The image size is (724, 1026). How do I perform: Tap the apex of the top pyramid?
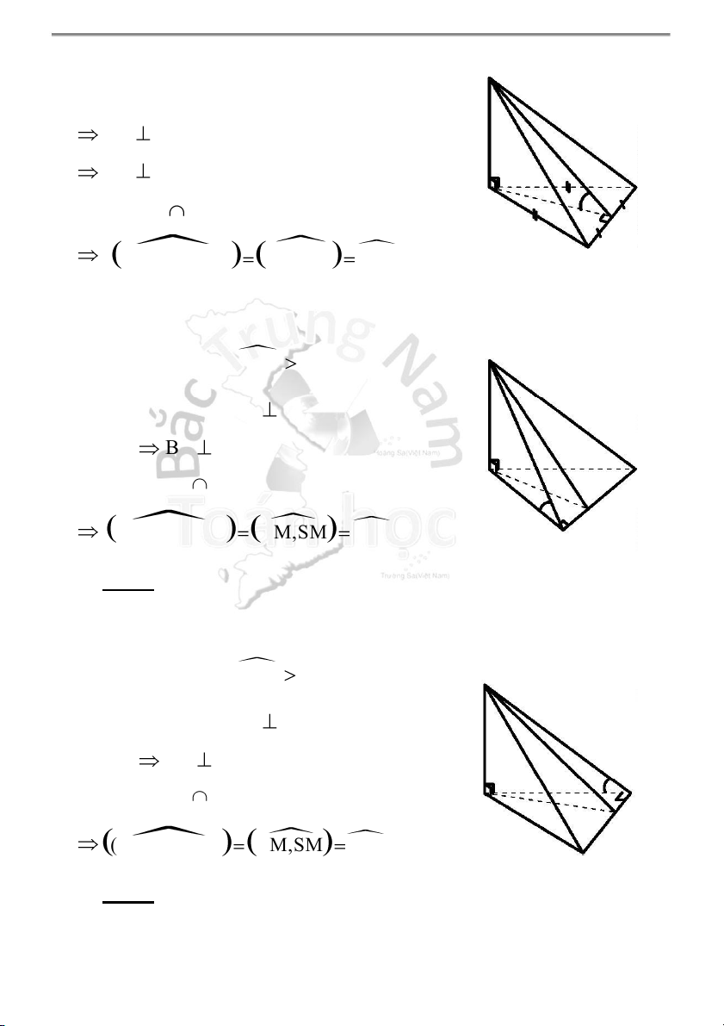tap(490, 79)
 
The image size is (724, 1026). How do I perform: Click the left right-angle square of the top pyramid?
tap(495, 183)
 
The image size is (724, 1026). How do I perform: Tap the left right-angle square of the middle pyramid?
tap(495, 465)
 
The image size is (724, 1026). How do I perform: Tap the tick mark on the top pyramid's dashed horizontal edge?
tap(567, 186)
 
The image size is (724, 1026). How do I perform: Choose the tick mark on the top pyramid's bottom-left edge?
tap(535, 214)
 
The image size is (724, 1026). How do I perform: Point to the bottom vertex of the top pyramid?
tap(589, 246)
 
